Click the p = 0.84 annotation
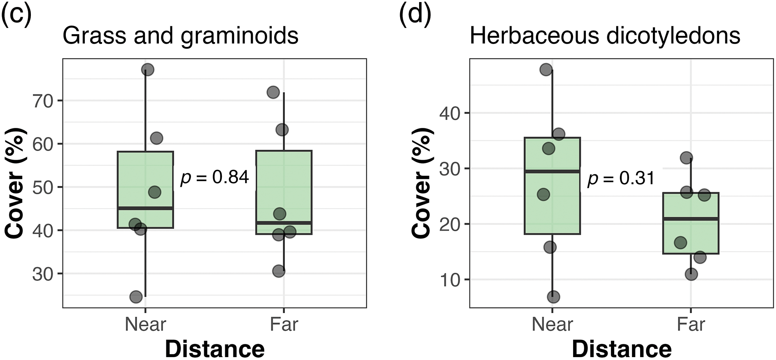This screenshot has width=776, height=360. click(x=214, y=177)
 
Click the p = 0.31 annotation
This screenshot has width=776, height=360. click(x=621, y=179)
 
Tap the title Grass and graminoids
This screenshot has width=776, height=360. click(x=180, y=36)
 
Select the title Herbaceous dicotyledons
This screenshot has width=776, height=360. click(x=605, y=36)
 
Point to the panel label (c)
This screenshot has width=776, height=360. click(x=16, y=15)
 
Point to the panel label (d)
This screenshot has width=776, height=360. click(x=415, y=15)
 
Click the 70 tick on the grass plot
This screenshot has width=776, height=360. click(x=43, y=101)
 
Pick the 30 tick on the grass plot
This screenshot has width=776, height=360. click(x=43, y=274)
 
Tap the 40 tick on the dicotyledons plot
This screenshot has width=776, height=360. click(x=450, y=113)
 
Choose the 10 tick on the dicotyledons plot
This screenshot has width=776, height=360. click(x=450, y=280)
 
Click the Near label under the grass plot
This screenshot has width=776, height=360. click(x=145, y=324)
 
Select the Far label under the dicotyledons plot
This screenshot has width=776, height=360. click(x=691, y=324)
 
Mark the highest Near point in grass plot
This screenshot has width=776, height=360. click(x=147, y=70)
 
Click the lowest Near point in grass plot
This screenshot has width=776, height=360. click(x=136, y=297)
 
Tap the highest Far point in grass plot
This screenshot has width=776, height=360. click(x=273, y=92)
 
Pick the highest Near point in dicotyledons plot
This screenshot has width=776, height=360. click(x=546, y=70)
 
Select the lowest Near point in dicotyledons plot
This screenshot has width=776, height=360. click(x=553, y=297)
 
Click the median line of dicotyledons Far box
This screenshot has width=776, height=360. click(x=691, y=218)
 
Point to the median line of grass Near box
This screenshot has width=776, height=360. click(x=145, y=208)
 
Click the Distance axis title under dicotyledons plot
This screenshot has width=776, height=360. click(x=622, y=349)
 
